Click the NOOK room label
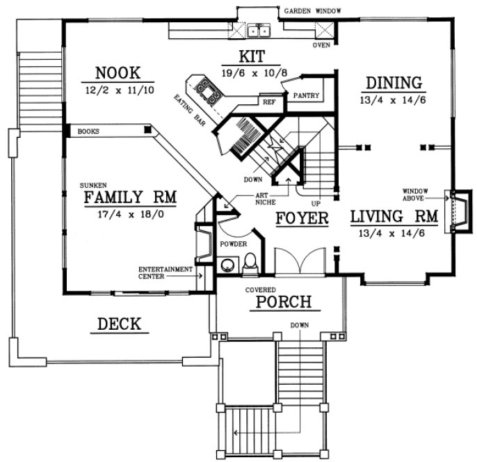point(119,73)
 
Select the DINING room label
point(394,83)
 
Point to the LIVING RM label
point(394,217)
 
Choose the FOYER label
point(302,218)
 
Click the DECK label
point(119,324)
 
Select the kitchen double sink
point(261,31)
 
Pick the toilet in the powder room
point(251,264)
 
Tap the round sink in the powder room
point(227,266)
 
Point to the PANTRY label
point(306,95)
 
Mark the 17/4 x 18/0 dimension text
point(130,215)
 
